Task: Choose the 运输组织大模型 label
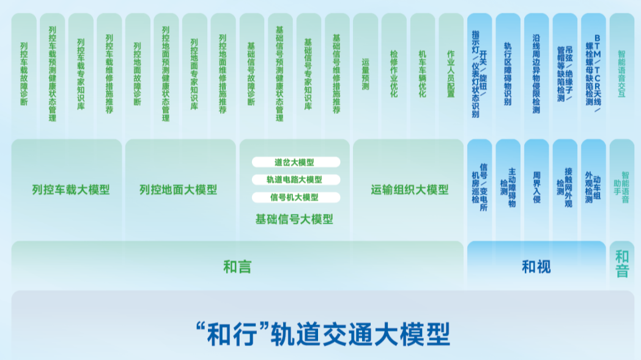409,190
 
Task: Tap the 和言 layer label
237,266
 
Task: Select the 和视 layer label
536,266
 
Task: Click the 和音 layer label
621,263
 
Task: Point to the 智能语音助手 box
621,187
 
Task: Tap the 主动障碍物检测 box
508,187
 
